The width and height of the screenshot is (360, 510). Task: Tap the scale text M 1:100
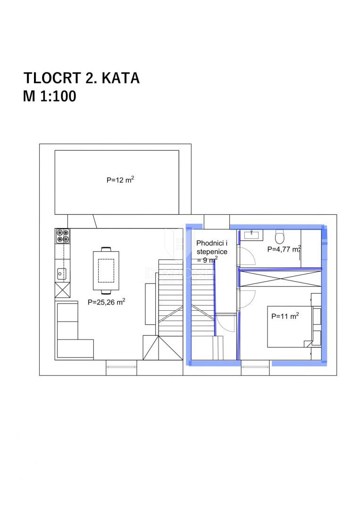(x=50, y=96)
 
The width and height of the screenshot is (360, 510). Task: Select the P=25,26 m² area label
(x=106, y=302)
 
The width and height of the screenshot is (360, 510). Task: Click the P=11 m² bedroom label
(x=285, y=316)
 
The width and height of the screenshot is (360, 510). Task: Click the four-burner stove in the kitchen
(x=62, y=236)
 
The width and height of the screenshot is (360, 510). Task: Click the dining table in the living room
(x=106, y=269)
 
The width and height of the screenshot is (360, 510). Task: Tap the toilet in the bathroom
(x=280, y=236)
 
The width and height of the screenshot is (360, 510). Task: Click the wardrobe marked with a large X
(x=281, y=277)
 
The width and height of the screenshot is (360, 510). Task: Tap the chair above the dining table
(x=106, y=248)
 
